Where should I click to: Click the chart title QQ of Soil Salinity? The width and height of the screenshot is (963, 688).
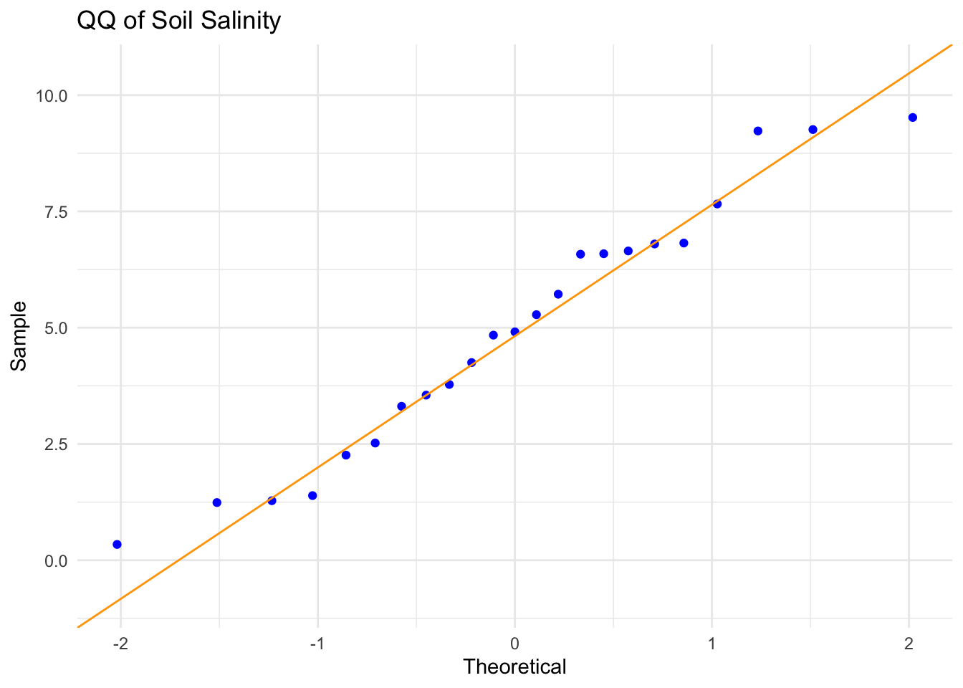(x=178, y=20)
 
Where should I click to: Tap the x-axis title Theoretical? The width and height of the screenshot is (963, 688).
(x=514, y=667)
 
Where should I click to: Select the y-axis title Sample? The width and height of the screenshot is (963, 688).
(x=19, y=335)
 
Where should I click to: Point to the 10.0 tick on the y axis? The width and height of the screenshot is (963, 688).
(x=52, y=95)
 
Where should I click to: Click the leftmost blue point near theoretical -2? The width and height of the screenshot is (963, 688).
(x=118, y=545)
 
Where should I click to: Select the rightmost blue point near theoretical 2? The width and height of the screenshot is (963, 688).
(x=912, y=118)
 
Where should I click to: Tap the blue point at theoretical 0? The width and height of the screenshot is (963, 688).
(x=514, y=332)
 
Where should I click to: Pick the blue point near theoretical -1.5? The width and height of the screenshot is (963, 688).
(x=217, y=502)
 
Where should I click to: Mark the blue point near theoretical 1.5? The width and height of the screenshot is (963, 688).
(x=813, y=130)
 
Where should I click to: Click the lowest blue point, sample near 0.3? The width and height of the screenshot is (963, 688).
(x=118, y=545)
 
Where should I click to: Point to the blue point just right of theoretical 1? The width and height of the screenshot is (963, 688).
(x=717, y=204)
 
